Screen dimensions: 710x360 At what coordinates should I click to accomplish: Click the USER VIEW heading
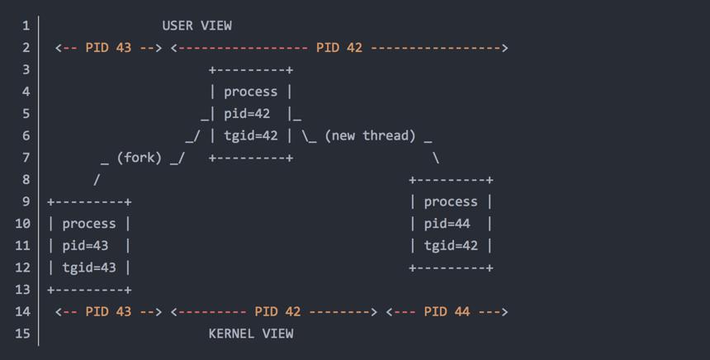pyautogui.click(x=197, y=26)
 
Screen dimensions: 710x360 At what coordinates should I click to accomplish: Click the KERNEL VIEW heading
pyautogui.click(x=251, y=334)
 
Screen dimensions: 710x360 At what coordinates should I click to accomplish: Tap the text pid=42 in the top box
pyautogui.click(x=247, y=114)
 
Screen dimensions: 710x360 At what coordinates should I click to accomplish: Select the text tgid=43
pyautogui.click(x=89, y=268)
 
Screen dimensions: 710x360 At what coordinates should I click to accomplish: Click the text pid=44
pyautogui.click(x=447, y=224)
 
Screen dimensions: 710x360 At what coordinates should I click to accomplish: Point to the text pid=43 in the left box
pyautogui.click(x=85, y=246)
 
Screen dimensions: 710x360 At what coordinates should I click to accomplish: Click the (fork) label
pyautogui.click(x=139, y=158)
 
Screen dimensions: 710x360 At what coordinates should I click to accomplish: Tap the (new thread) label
pyautogui.click(x=370, y=136)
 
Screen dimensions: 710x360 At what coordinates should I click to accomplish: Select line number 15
pyautogui.click(x=22, y=334)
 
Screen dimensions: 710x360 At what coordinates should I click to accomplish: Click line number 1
pyautogui.click(x=26, y=26)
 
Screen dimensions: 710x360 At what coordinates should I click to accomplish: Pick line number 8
pyautogui.click(x=26, y=180)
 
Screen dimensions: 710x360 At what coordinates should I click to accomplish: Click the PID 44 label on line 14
pyautogui.click(x=447, y=311)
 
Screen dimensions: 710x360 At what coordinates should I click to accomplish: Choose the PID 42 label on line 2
pyautogui.click(x=339, y=48)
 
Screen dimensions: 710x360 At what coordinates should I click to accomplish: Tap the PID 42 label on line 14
pyautogui.click(x=277, y=311)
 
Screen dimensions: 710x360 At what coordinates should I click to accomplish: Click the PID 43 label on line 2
pyautogui.click(x=108, y=48)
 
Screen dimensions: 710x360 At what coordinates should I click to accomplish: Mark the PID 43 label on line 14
pyautogui.click(x=108, y=311)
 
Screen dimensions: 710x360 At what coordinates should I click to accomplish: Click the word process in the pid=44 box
pyautogui.click(x=451, y=202)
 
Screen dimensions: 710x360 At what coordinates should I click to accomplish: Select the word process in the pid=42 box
pyautogui.click(x=250, y=92)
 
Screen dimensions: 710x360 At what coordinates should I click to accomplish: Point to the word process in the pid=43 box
pyautogui.click(x=89, y=224)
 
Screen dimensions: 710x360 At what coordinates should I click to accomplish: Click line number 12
pyautogui.click(x=22, y=268)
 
